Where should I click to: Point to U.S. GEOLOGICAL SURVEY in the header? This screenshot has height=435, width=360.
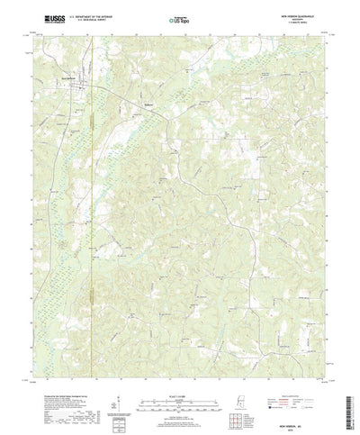[89, 20]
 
